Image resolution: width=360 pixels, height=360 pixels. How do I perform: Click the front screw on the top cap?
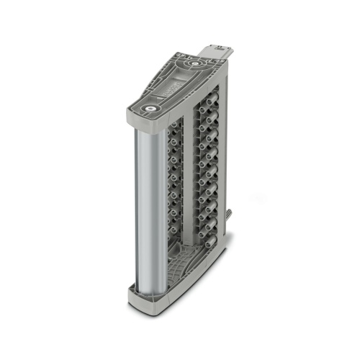click(150, 110)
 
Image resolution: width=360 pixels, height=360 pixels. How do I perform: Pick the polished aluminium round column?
click(143, 209)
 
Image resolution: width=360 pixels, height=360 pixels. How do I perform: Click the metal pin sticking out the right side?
click(229, 216)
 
